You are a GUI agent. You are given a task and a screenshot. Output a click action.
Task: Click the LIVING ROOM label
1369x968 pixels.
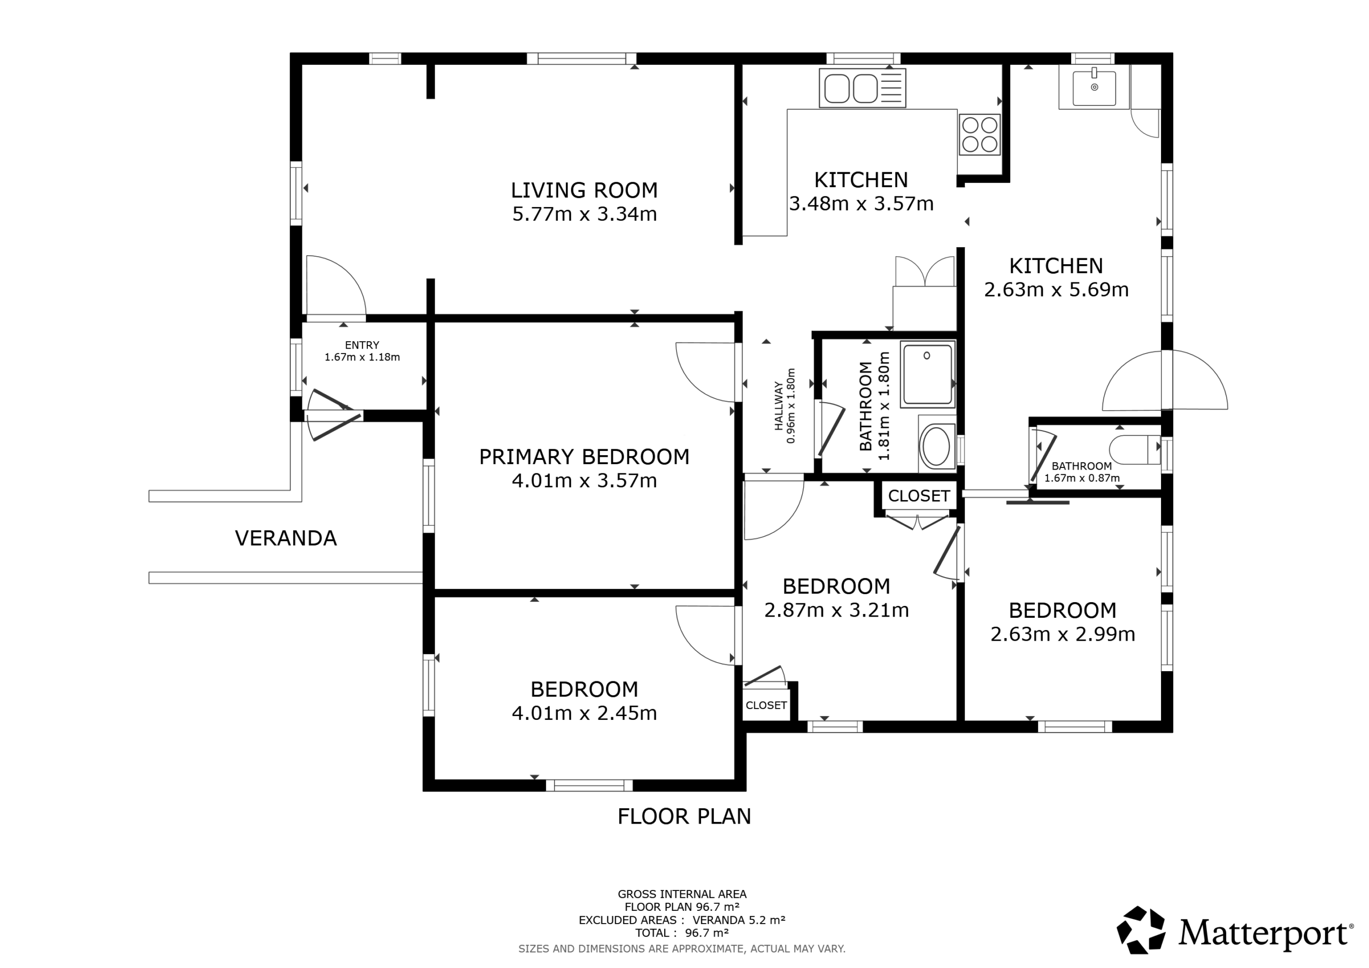584,190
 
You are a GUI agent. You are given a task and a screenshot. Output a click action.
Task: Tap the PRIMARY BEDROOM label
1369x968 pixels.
584,457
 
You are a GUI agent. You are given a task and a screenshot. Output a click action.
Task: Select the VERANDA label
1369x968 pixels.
286,539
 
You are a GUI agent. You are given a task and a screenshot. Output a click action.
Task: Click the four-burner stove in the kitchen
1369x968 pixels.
980,135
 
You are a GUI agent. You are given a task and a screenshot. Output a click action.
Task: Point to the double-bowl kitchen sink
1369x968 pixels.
862,88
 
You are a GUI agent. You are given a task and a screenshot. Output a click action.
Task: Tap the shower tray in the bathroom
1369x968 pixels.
927,374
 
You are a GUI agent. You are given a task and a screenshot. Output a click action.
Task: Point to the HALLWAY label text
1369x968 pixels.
779,405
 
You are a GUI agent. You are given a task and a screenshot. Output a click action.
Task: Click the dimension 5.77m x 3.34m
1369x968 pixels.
584,214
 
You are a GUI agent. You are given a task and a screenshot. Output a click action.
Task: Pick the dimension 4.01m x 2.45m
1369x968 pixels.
584,713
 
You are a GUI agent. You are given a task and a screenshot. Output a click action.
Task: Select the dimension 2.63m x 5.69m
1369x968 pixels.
1056,290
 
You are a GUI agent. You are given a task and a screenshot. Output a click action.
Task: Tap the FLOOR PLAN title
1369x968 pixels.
684,817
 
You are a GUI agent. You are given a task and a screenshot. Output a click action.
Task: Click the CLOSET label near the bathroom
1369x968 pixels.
919,496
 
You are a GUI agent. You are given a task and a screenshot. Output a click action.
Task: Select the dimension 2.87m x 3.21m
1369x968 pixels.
836,611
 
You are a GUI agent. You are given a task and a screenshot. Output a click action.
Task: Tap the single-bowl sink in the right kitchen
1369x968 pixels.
1094,88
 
